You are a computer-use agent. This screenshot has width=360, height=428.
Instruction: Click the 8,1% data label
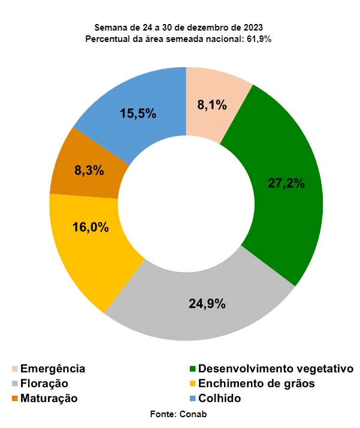point(212,106)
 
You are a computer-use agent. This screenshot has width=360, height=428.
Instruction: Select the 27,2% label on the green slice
point(286,183)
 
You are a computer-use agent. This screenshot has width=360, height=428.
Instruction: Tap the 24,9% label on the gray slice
point(207,303)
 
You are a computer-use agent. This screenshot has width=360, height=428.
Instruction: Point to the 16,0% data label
point(90,227)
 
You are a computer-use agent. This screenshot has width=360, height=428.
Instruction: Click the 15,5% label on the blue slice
point(138,113)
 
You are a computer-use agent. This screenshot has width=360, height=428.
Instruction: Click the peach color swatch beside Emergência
point(14,369)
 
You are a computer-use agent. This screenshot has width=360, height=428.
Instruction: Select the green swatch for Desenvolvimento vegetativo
point(193,369)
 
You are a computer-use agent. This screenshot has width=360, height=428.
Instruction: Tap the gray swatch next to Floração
point(14,384)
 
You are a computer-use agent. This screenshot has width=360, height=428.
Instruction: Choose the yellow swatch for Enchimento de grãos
point(193,384)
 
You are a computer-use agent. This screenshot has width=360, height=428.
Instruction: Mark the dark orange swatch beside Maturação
point(14,398)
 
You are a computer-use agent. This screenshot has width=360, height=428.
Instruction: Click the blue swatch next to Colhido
point(193,398)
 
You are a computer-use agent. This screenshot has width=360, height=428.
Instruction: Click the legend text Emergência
point(53,369)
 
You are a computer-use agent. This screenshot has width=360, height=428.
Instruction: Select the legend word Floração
point(44,384)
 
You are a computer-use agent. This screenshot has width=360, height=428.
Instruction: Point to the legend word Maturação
point(49,398)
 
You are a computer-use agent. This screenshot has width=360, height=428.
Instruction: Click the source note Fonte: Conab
point(180,414)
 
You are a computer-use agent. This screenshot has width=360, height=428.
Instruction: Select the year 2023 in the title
point(252,28)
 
